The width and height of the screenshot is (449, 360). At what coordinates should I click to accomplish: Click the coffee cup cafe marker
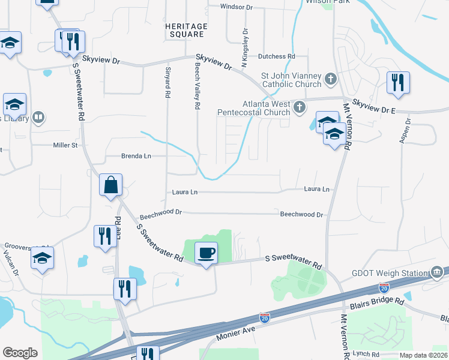point(206,253)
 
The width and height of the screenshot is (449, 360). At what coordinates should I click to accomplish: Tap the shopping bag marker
point(111,185)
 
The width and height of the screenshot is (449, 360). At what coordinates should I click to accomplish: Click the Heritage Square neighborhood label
point(187,31)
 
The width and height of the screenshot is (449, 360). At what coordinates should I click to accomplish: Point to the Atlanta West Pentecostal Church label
point(262,108)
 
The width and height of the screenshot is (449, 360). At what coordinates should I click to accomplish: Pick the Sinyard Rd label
point(168,82)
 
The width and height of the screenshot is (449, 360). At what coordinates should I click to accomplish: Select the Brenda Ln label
point(136,156)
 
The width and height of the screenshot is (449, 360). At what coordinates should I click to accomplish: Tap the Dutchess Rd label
point(277,56)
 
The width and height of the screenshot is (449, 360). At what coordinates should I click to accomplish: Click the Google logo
point(20,353)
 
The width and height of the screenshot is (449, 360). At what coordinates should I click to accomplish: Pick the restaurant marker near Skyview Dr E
point(398,83)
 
